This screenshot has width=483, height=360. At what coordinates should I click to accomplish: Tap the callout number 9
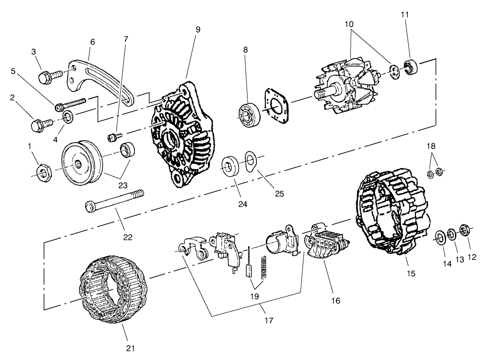(x=198, y=29)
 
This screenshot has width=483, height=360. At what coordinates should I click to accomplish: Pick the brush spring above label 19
(x=265, y=268)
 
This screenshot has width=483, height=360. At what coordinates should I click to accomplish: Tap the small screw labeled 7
(x=114, y=136)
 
